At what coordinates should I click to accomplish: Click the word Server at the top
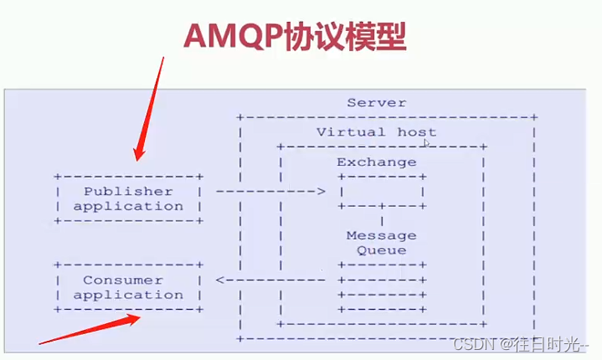[376, 103]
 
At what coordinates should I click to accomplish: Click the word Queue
[380, 250]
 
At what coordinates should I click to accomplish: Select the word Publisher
[128, 192]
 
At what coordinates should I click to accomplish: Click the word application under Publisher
[128, 206]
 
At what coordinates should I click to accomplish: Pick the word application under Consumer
[128, 295]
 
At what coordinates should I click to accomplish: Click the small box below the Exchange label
[382, 192]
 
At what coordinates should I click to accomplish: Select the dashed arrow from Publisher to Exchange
[270, 192]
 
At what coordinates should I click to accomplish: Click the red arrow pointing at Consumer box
[92, 329]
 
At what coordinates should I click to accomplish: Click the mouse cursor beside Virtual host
[427, 143]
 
